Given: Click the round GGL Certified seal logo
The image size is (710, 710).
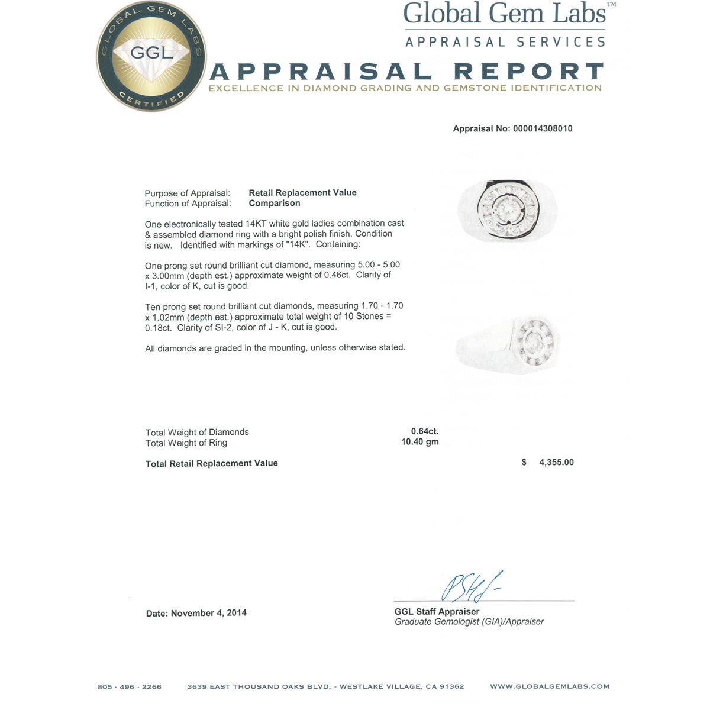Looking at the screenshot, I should [x=152, y=56].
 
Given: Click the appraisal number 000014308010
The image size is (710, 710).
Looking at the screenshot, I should [x=543, y=128].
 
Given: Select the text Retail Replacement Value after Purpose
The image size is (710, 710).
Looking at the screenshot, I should [x=302, y=192].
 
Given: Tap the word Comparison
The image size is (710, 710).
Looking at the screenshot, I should [x=274, y=203].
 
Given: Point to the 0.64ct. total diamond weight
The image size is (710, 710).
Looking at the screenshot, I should [x=425, y=431].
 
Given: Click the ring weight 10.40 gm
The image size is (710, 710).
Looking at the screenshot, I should [x=420, y=442].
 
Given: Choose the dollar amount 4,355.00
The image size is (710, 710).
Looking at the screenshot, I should [x=556, y=462].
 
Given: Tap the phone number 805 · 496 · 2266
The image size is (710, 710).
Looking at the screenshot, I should [x=130, y=686].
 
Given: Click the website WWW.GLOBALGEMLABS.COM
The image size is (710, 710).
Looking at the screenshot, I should [x=549, y=686].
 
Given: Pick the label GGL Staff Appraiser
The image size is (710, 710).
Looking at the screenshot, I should [x=437, y=611].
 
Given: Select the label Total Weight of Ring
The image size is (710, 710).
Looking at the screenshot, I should [x=186, y=443].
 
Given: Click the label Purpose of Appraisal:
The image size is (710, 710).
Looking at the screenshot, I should [x=188, y=193].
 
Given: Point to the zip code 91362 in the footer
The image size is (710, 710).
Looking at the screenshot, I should [x=451, y=686].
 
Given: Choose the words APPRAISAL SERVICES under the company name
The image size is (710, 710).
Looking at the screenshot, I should [x=505, y=42].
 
